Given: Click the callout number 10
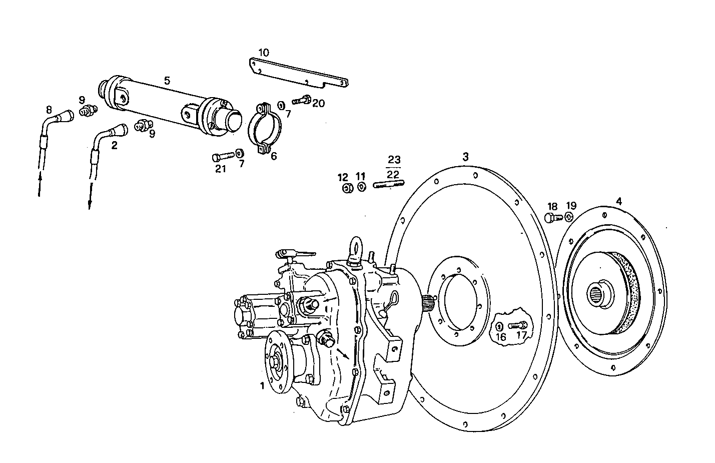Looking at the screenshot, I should click(264, 52).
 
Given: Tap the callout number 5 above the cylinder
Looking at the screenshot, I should click(167, 80).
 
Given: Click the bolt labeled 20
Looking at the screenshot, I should click(302, 100).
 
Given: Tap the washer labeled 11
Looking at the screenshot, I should click(361, 188).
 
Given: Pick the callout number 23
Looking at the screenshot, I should click(394, 160).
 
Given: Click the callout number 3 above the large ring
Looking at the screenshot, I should click(465, 157).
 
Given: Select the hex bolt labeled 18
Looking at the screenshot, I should click(551, 218).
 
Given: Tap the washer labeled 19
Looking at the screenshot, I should click(569, 217).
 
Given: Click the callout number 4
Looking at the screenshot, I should click(619, 202).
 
